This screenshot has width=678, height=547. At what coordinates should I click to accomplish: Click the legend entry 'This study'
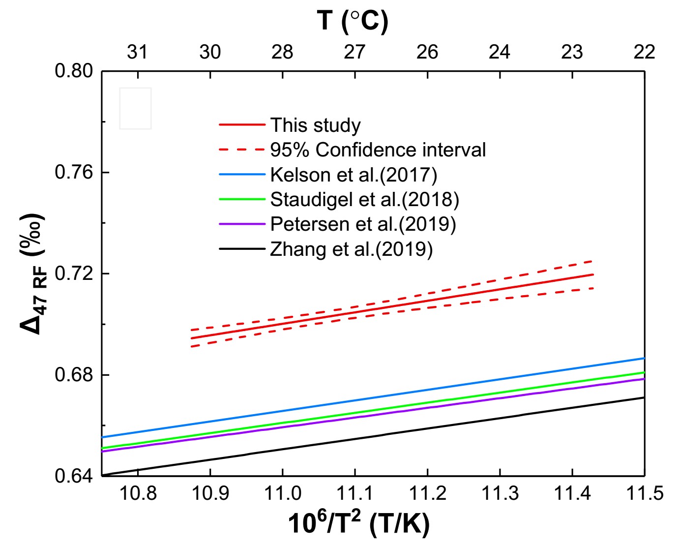315,125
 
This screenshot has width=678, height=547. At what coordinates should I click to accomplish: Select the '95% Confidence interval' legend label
378,150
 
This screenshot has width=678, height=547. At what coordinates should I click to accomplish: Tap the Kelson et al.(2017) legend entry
354,175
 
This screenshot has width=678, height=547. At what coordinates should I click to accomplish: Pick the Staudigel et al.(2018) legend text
364,199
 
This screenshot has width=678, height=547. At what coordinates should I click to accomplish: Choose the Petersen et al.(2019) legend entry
363,224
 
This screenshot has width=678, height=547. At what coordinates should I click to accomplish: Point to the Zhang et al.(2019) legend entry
351,249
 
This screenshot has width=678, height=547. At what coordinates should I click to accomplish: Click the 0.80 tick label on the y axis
74,71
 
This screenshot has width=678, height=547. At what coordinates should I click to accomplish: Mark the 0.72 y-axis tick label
74,273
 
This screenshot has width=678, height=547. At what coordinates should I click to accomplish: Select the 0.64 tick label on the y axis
74,476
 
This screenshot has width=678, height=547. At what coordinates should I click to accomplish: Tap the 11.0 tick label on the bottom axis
283,493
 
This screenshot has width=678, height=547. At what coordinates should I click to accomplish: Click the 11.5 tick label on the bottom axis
644,493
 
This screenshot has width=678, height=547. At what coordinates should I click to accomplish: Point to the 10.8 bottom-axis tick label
138,493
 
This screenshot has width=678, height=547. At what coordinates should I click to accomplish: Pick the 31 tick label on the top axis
137,52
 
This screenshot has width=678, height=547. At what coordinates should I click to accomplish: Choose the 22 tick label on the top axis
644,52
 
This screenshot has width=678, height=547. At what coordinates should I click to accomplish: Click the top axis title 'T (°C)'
353,21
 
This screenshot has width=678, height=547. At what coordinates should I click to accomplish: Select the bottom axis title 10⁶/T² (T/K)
358,523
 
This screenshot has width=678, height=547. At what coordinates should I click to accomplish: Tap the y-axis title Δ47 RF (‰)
33,273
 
